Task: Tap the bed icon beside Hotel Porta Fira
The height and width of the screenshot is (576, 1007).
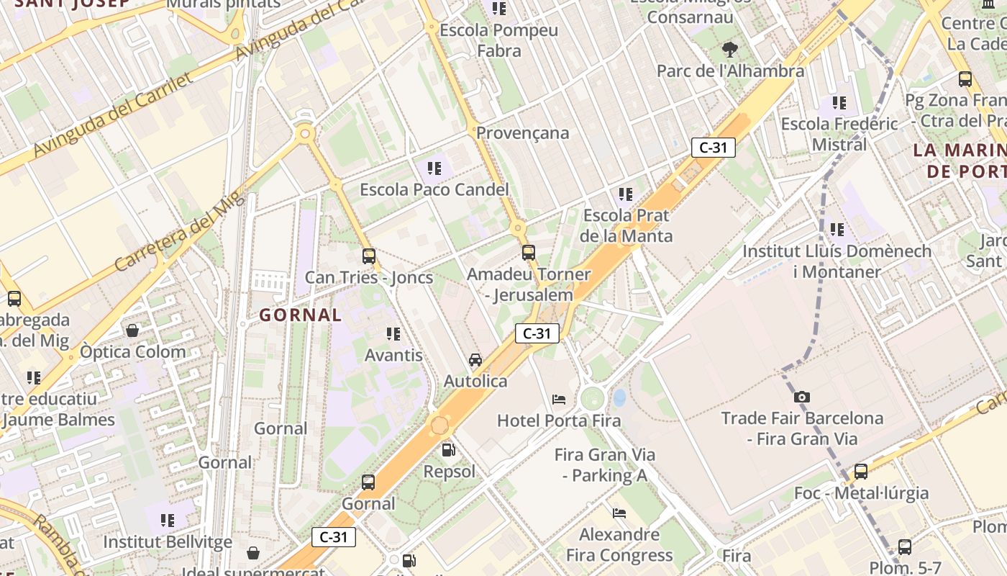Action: click(559, 399)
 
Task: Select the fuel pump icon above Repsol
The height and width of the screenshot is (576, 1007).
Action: click(448, 451)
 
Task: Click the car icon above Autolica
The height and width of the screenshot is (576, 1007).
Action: click(475, 359)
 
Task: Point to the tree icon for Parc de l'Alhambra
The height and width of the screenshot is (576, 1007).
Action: click(730, 50)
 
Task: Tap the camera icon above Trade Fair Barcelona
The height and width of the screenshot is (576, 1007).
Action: click(802, 397)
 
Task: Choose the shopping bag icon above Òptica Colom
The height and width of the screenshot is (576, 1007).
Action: click(132, 330)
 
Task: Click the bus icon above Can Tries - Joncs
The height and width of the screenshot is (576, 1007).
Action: click(369, 256)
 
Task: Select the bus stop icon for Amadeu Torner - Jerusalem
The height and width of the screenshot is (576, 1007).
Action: click(529, 252)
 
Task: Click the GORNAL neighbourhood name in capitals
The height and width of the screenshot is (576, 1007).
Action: click(301, 315)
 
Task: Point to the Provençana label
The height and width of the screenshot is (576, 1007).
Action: click(522, 132)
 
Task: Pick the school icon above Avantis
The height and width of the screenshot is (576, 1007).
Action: click(393, 334)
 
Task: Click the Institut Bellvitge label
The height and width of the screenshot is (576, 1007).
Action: click(168, 541)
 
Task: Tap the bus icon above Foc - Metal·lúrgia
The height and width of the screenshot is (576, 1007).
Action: click(861, 472)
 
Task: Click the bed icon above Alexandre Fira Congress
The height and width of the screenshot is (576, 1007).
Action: click(619, 513)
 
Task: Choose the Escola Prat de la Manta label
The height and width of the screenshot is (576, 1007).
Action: click(626, 225)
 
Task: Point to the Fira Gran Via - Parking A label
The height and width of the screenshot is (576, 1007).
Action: click(605, 465)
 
